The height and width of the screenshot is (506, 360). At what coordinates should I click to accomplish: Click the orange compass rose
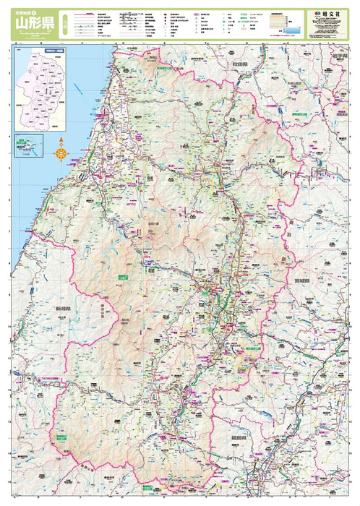pos(61,152)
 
